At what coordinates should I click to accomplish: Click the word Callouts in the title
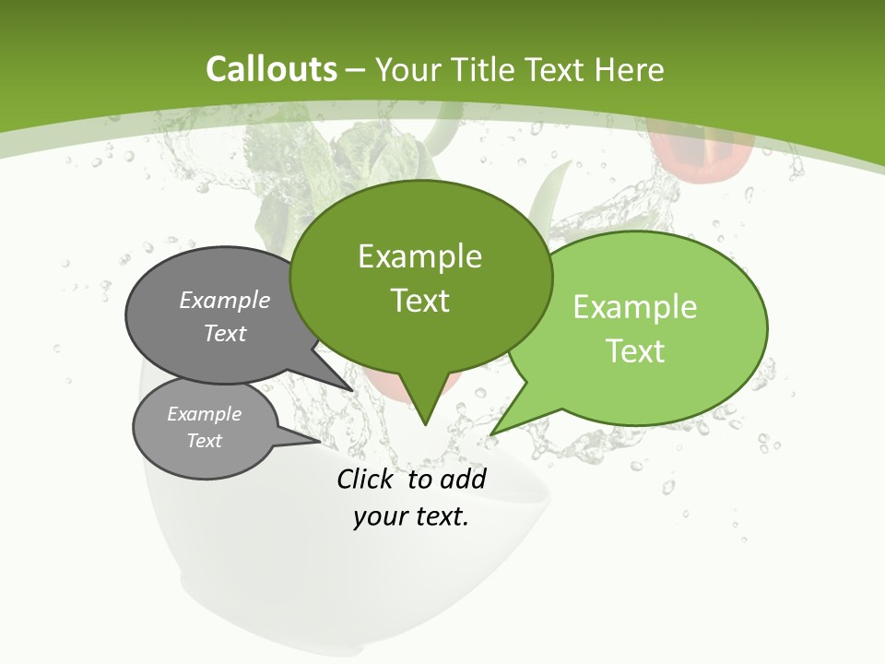[271, 69]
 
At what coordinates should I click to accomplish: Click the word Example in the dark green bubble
[419, 256]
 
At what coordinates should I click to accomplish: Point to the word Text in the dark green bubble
[419, 301]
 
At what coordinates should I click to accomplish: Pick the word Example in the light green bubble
[635, 307]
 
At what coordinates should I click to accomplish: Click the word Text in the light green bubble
[635, 351]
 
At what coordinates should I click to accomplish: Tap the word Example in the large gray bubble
[225, 301]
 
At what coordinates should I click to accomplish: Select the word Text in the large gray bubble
[225, 333]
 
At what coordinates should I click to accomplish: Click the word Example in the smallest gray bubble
[204, 414]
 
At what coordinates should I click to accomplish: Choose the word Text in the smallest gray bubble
[204, 441]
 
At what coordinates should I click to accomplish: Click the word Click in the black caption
[366, 479]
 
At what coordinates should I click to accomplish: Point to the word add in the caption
[463, 479]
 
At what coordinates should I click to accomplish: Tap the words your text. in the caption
[411, 517]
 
